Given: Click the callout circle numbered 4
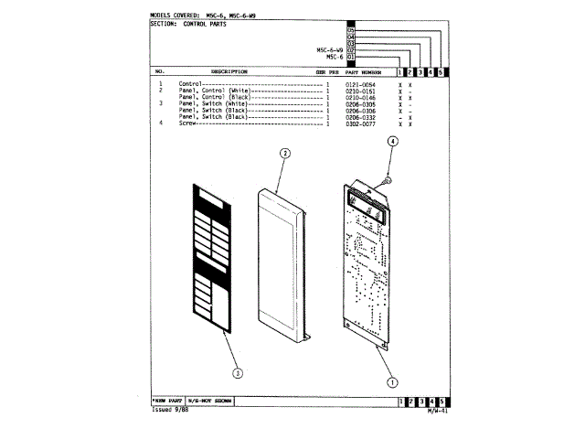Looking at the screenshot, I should click(x=391, y=142).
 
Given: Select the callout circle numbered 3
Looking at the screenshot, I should click(x=238, y=372).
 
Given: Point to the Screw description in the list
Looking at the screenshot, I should click(x=187, y=123).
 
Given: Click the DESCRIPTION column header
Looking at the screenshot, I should click(x=229, y=71).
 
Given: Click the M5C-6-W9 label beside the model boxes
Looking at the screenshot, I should click(x=330, y=49).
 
